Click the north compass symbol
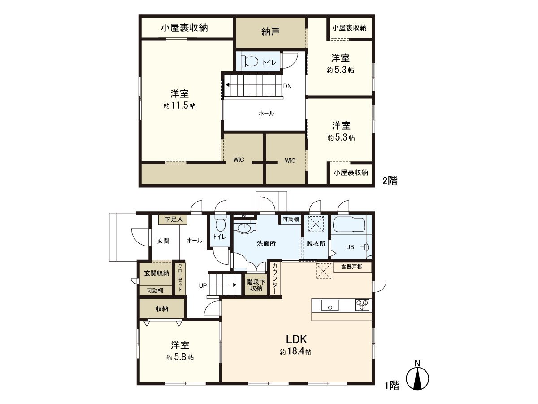coord(417,377)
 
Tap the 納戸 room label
coord(271,32)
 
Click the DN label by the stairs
coord(287,86)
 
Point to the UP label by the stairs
coord(203,285)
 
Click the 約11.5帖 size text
coord(179,106)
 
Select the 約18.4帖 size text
coord(295,352)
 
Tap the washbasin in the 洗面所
coord(244,228)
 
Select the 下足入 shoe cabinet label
coord(173,220)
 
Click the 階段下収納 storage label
coord(256,285)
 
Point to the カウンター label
coord(274,279)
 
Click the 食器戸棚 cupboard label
coord(352,267)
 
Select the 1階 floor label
coord(392,385)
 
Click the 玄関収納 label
coord(156,273)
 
